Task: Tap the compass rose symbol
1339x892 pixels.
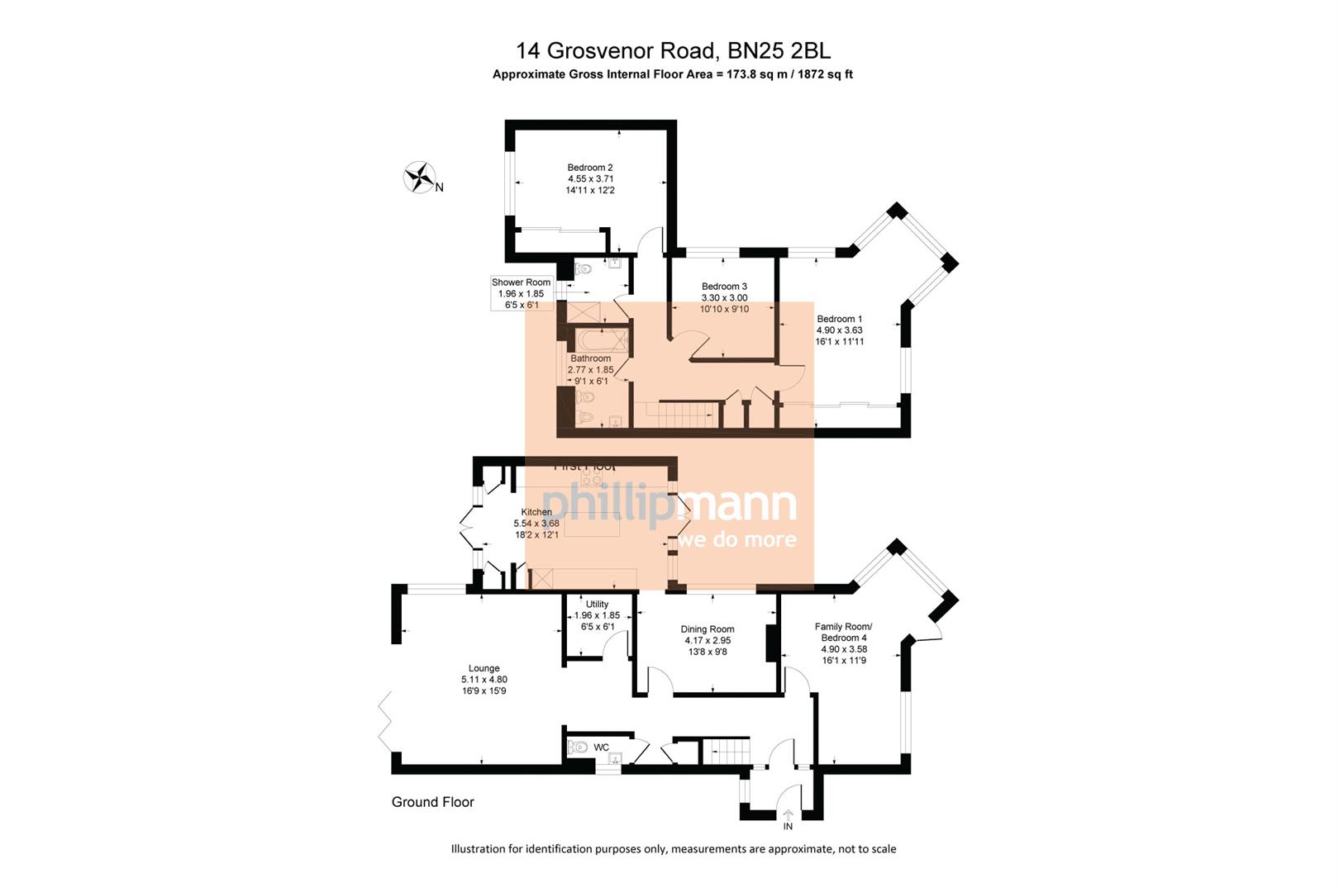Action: pyautogui.click(x=420, y=177)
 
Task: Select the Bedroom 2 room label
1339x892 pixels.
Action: pyautogui.click(x=589, y=168)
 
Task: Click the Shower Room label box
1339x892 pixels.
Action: pyautogui.click(x=521, y=293)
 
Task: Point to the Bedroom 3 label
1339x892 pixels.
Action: pyautogui.click(x=724, y=287)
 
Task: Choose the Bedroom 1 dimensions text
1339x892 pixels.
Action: pyautogui.click(x=839, y=335)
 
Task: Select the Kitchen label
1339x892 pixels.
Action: pyautogui.click(x=536, y=512)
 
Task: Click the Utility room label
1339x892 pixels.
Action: pyautogui.click(x=597, y=605)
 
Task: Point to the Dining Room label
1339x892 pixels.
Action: pyautogui.click(x=708, y=629)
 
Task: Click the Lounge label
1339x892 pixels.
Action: pyautogui.click(x=484, y=668)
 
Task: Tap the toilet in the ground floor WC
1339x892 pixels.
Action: pyautogui.click(x=578, y=747)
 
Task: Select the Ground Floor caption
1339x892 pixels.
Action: pyautogui.click(x=432, y=802)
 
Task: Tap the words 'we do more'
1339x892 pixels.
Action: pyautogui.click(x=737, y=540)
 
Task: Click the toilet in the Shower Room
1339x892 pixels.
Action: pyautogui.click(x=584, y=268)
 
